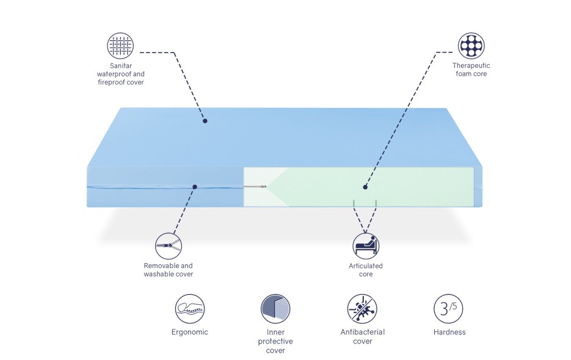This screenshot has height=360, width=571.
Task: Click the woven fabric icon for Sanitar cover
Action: coord(120,46)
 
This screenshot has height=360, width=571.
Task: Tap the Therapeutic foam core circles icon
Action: coord(471,46)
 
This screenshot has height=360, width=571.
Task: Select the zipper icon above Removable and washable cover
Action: coord(168,246)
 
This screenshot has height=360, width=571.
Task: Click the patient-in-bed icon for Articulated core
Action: coord(366,246)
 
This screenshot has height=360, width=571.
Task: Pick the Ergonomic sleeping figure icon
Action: coord(190,309)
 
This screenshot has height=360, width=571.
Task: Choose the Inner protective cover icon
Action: coord(275,309)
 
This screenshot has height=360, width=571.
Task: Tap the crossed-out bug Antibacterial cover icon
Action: coord(362,309)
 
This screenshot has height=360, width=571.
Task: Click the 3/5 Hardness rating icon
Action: coord(448,309)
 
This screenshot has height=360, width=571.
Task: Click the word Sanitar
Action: coord(121,66)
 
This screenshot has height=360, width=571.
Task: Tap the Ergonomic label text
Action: coord(190,332)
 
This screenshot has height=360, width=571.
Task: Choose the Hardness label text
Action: coord(449,332)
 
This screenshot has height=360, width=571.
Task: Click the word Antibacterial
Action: coord(362,332)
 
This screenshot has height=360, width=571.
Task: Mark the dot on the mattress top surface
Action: coord(205,121)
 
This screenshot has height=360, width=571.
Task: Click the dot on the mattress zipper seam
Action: coord(195,187)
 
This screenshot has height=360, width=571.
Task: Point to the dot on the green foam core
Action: coord(365,187)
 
